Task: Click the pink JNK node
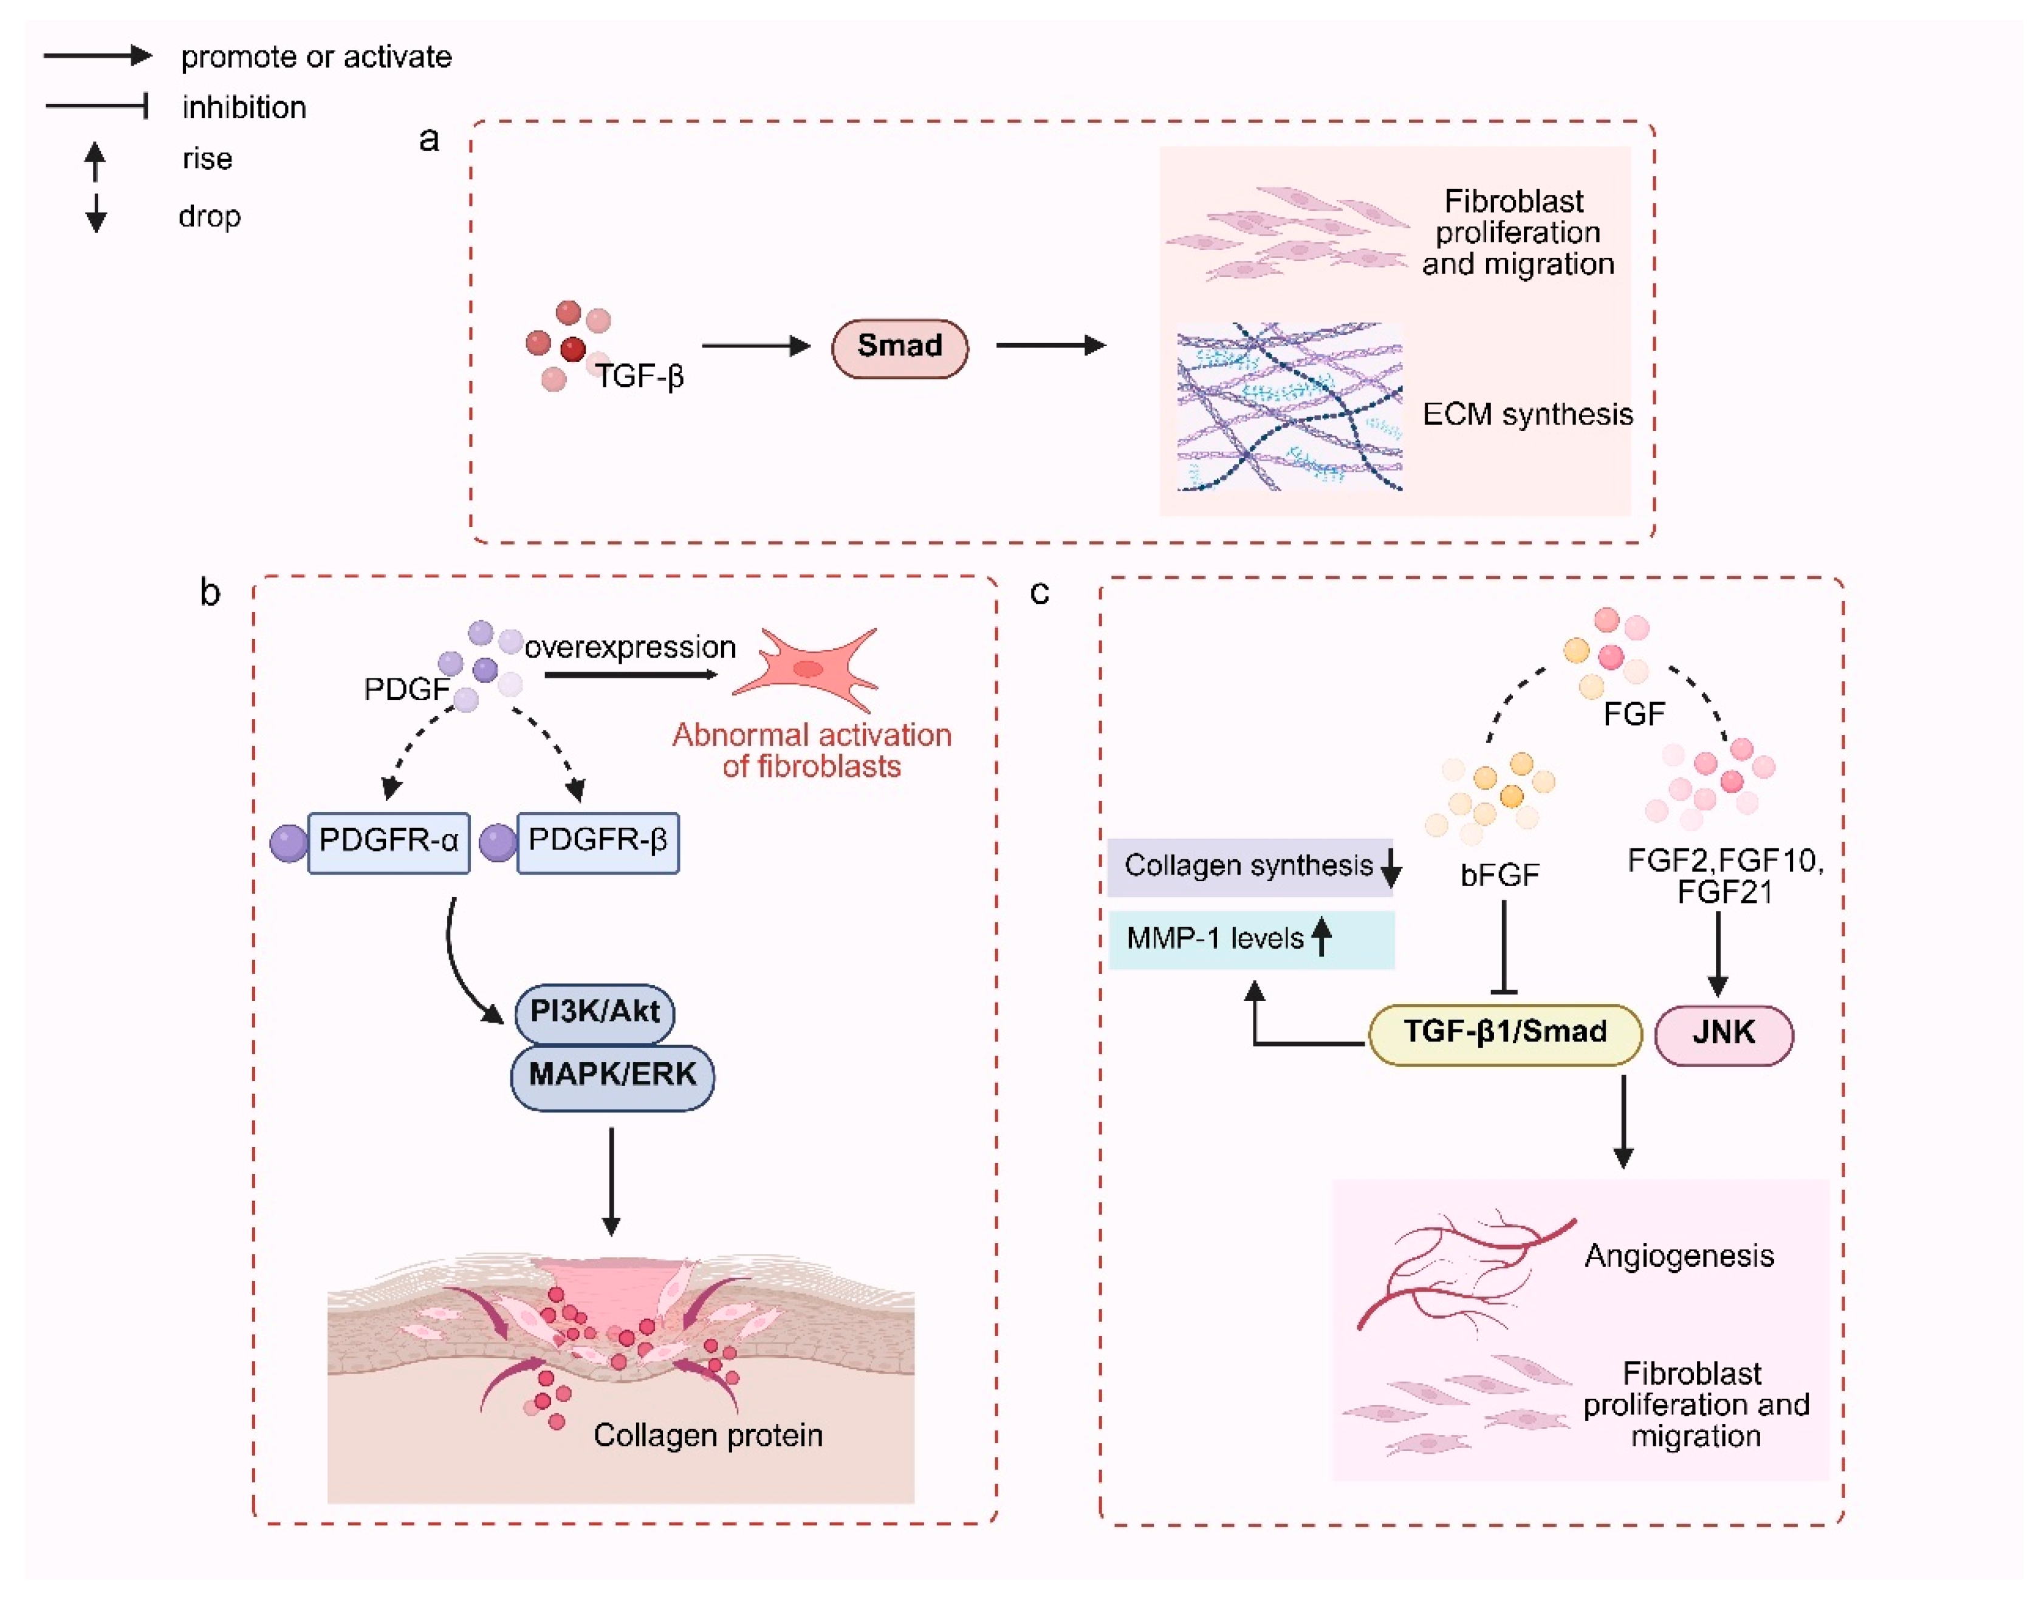1722,1034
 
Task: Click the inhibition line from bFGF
1503,947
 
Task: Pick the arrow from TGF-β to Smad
755,346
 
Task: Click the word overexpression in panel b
629,647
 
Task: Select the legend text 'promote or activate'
315,57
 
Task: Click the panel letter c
1038,592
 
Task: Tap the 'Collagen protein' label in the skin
707,1435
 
